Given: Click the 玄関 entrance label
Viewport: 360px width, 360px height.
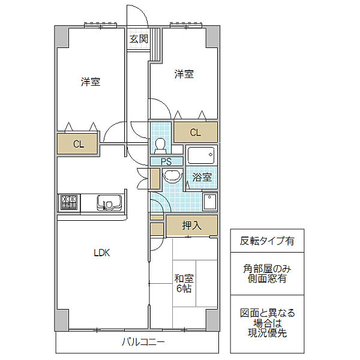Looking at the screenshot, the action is tap(139, 39).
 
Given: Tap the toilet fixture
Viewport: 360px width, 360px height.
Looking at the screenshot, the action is tap(160, 146).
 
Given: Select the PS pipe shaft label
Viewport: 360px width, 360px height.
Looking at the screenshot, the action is tap(166, 161).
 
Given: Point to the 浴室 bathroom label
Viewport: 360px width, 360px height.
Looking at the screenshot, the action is tap(202, 177).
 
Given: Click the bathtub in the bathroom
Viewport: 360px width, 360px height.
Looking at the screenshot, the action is tap(201, 155).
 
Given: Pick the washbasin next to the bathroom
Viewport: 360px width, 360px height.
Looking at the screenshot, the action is tap(172, 176).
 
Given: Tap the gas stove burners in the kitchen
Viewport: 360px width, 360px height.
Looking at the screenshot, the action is tap(69, 203).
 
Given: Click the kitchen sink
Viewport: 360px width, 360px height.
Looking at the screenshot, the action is tap(109, 203).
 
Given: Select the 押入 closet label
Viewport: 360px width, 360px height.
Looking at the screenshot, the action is tap(192, 225).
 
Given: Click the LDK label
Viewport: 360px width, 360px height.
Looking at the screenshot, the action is tap(102, 253).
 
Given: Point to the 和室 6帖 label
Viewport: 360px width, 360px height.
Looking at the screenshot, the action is tap(184, 283).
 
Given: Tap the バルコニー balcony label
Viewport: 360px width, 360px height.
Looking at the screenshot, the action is tap(143, 342).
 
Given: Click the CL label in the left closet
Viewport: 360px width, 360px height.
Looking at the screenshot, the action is tap(79, 144).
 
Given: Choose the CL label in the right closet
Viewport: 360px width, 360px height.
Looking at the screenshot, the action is tap(196, 133).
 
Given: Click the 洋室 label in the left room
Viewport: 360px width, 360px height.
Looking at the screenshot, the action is tap(91, 82).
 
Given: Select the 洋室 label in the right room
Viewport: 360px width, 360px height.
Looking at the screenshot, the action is tap(184, 74).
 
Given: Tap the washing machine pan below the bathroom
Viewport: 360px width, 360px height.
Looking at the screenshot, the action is tap(210, 202).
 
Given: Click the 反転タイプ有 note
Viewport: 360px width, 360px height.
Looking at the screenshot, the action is tap(267, 241).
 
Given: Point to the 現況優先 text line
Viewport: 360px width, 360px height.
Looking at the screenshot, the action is tap(267, 332).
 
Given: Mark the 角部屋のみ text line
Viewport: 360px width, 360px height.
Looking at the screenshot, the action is tap(267, 268).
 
